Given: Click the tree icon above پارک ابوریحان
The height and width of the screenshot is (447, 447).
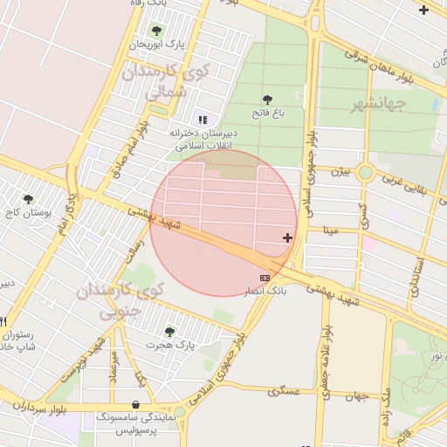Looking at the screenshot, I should point(157,31).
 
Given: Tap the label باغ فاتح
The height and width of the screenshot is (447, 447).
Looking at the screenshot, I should point(267,113).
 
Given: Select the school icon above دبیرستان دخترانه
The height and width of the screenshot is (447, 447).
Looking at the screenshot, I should point(203,120).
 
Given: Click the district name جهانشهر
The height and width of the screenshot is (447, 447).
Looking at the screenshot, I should point(380,106).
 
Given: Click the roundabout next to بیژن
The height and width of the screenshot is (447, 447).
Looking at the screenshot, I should point(366,172).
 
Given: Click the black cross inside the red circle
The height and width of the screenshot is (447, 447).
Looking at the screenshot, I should point(287,237).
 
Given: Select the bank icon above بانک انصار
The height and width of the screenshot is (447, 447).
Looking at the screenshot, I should point(265,277).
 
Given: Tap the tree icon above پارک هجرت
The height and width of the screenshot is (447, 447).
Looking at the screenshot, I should point(169,332).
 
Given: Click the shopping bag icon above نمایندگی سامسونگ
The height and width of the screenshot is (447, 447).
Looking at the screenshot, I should point(135,405).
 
